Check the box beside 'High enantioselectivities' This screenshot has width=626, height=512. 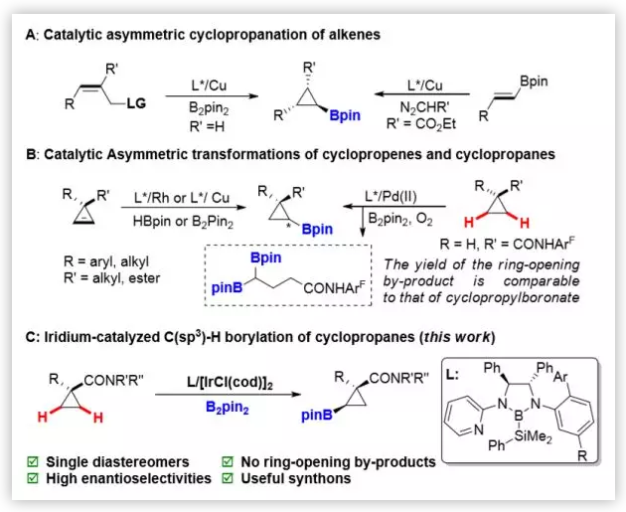click(x=36, y=480)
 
